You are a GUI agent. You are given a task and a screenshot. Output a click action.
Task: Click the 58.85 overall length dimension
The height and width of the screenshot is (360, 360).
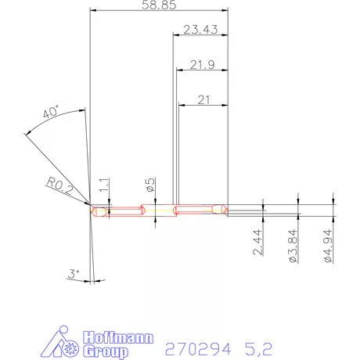(x=160, y=5)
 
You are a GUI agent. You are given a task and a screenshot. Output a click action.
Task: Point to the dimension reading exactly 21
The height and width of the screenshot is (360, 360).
(x=203, y=99)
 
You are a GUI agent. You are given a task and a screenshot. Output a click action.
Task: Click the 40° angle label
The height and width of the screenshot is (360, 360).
(x=52, y=113)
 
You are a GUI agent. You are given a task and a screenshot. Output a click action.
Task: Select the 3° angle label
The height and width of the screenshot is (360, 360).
(x=74, y=274)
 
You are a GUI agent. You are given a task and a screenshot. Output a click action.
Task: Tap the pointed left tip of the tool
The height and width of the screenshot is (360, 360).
(x=91, y=209)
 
